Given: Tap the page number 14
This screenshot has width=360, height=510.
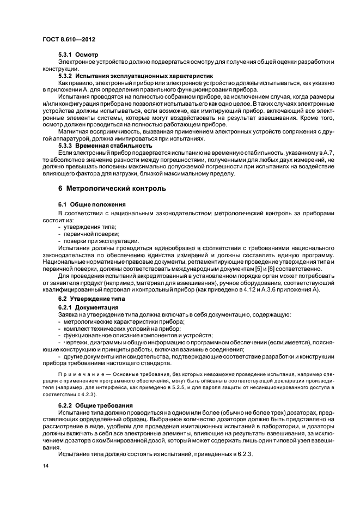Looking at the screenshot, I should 45,466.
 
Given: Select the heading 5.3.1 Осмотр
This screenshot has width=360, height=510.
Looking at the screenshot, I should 77,56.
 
